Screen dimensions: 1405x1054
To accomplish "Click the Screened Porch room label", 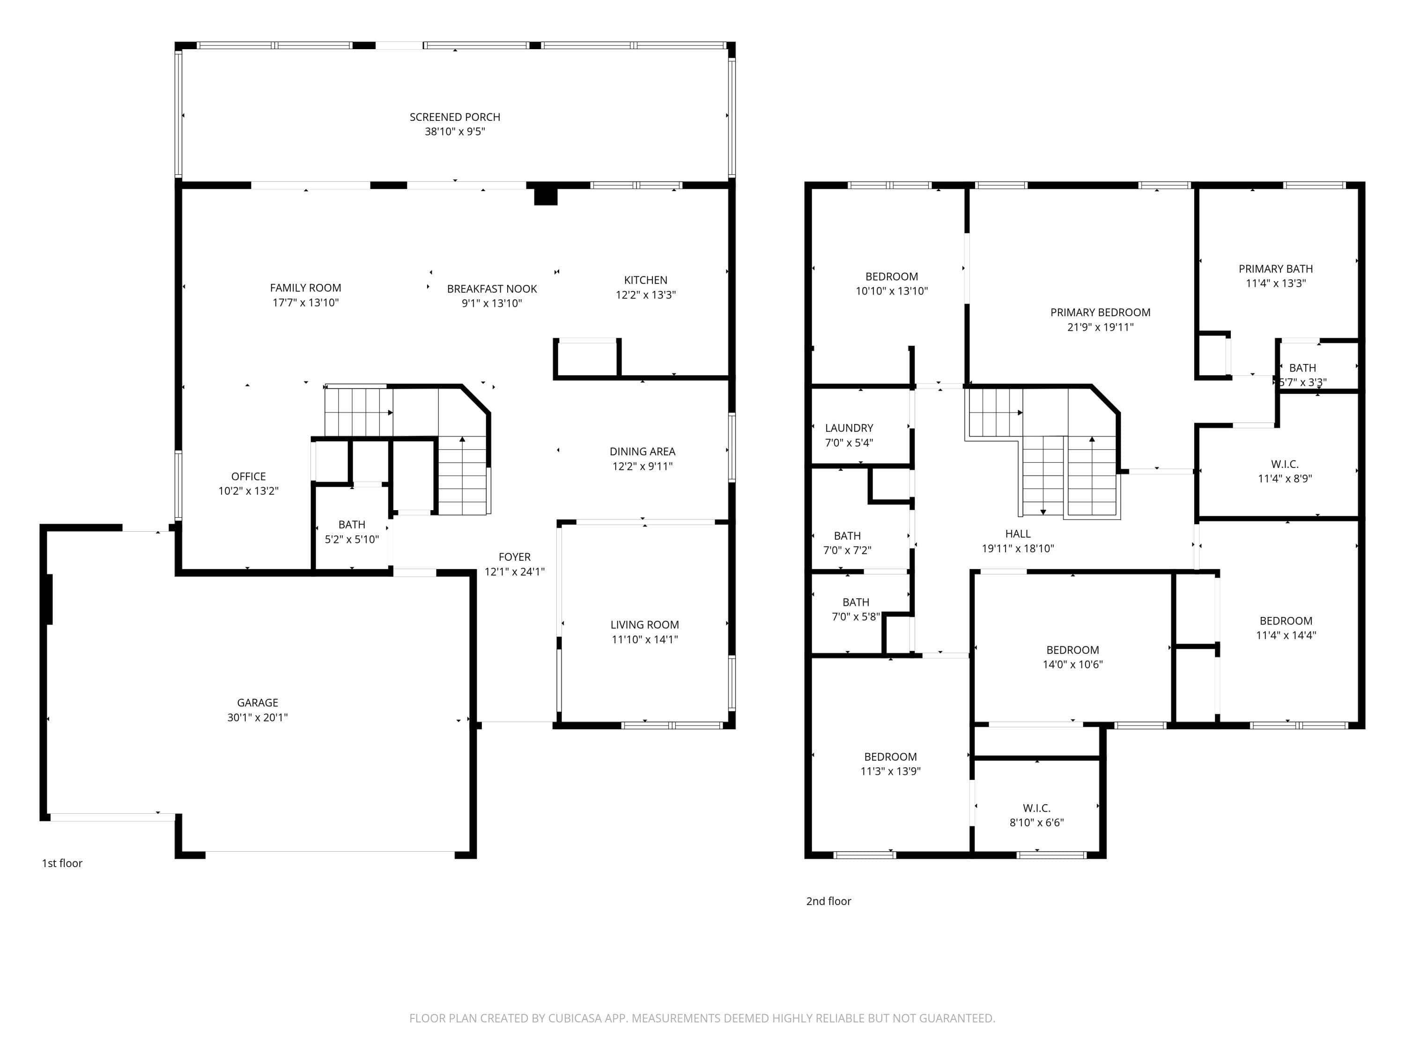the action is pyautogui.click(x=455, y=117).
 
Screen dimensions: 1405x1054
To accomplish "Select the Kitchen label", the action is pyautogui.click(x=645, y=280).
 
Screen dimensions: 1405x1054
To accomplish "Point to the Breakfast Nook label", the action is pyautogui.click(x=492, y=289).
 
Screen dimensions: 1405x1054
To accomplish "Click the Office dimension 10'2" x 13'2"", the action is pyautogui.click(x=248, y=490).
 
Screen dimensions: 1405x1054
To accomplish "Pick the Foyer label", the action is pyautogui.click(x=515, y=557).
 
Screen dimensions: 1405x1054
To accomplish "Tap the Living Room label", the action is pyautogui.click(x=645, y=625).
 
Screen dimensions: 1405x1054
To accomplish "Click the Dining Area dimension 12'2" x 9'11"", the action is pyautogui.click(x=642, y=466).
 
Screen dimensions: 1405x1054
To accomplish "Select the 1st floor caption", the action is pyautogui.click(x=62, y=863).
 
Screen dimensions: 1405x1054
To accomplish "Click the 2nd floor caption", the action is pyautogui.click(x=829, y=902).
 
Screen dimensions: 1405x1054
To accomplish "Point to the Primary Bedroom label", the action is pyautogui.click(x=1100, y=312).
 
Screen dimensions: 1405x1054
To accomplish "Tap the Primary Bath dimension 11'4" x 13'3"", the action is pyautogui.click(x=1275, y=283).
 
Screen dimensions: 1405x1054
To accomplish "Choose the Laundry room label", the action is pyautogui.click(x=849, y=428).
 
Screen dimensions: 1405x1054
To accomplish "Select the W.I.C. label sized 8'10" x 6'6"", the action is pyautogui.click(x=1036, y=808).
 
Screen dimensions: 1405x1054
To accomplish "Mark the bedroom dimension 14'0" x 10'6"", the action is pyautogui.click(x=1073, y=665).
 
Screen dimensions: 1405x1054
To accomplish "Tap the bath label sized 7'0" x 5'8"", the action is pyautogui.click(x=856, y=602).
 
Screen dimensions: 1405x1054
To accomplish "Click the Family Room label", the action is pyautogui.click(x=305, y=288).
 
